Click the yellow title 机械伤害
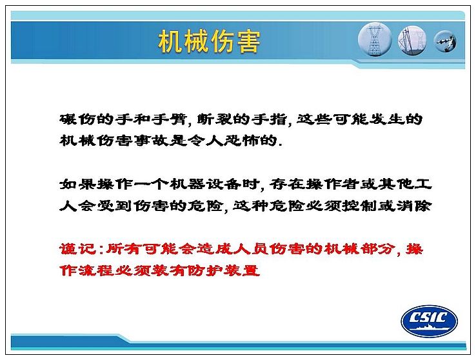[x=209, y=41]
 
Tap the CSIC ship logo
[x=430, y=321]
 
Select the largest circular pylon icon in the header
[x=375, y=39]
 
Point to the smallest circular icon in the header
[x=445, y=41]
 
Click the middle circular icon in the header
[x=412, y=41]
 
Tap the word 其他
[x=397, y=184]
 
